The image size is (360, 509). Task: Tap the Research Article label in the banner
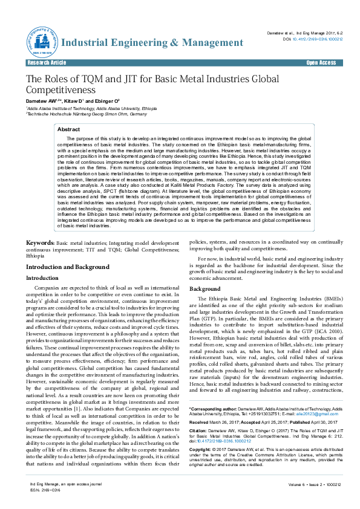point(47,63)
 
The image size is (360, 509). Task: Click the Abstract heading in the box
point(68,129)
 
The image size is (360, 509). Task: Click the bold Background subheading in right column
point(205,290)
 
